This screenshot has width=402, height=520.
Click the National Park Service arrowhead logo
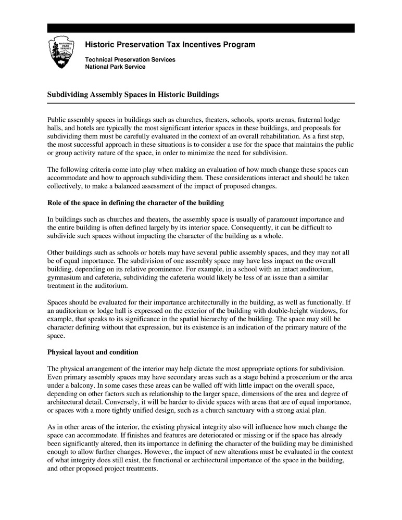coord(62,52)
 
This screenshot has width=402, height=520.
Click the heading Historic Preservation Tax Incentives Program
coord(170,45)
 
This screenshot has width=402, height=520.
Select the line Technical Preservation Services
coord(130,60)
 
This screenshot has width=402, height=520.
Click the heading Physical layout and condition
coord(93,352)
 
